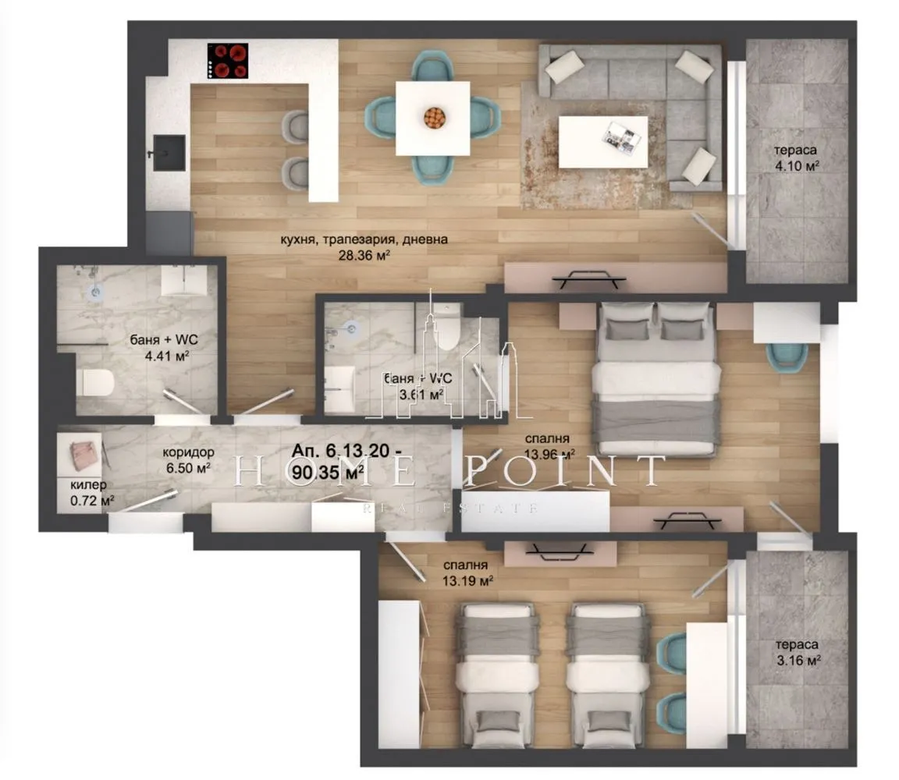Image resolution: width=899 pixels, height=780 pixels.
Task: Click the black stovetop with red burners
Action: [228, 61]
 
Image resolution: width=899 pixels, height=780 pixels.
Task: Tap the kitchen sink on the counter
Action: [169, 152]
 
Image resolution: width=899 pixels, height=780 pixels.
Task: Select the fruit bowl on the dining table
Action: [434, 118]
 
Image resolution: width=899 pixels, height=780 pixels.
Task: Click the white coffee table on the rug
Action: [602, 141]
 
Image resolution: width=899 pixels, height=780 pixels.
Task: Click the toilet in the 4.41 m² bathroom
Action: [95, 383]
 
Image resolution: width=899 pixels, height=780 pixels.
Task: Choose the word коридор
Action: [187, 453]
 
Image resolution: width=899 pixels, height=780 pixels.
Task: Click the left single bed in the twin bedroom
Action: [497, 673]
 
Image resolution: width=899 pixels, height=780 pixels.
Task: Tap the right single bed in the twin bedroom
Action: [607, 673]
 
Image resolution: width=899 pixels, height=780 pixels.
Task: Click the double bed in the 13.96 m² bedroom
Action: [656, 378]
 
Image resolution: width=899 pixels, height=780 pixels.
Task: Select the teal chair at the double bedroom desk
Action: [786, 356]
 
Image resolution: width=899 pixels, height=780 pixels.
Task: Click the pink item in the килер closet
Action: [81, 453]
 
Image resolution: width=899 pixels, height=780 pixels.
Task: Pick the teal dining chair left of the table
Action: [380, 117]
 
